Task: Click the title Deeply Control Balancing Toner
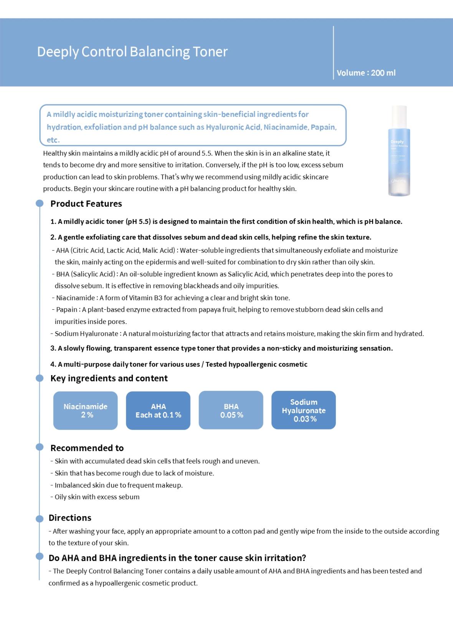pyautogui.click(x=132, y=51)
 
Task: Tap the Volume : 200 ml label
pyautogui.click(x=366, y=73)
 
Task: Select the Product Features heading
pyautogui.click(x=86, y=204)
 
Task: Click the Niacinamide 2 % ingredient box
pyautogui.click(x=85, y=410)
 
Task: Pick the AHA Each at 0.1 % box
pyautogui.click(x=158, y=410)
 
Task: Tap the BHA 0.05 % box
pyautogui.click(x=231, y=410)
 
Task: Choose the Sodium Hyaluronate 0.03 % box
pyautogui.click(x=304, y=410)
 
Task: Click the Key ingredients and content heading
pyautogui.click(x=109, y=378)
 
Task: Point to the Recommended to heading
pyautogui.click(x=87, y=448)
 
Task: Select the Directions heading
pyautogui.click(x=70, y=518)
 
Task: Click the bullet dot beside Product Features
pyautogui.click(x=40, y=204)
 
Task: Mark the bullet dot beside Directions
pyautogui.click(x=40, y=519)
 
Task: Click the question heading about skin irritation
pyautogui.click(x=177, y=558)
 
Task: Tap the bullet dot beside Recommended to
pyautogui.click(x=40, y=447)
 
